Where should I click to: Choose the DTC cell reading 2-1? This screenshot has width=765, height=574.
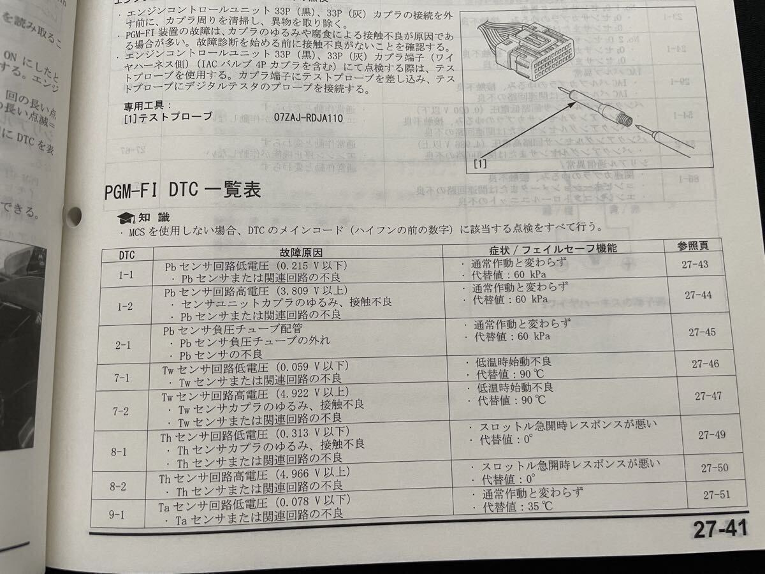click(x=123, y=345)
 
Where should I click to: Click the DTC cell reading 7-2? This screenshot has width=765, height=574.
click(x=121, y=411)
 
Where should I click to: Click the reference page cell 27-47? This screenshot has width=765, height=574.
click(x=708, y=396)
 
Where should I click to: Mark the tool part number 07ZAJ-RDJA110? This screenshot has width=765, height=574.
click(x=309, y=118)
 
